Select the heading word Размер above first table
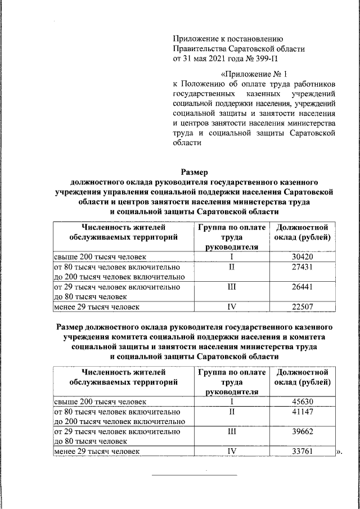(x=194, y=172)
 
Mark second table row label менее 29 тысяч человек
(x=96, y=451)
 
